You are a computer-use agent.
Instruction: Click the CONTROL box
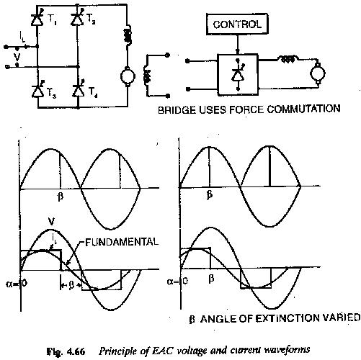point(237,24)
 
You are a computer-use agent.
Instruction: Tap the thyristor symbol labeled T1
point(37,19)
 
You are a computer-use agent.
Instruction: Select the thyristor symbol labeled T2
point(77,18)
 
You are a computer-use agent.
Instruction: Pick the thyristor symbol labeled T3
point(37,89)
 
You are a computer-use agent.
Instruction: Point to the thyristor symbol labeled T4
point(79,89)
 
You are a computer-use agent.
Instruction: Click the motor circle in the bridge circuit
point(128,76)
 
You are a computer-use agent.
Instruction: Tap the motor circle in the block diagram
point(318,73)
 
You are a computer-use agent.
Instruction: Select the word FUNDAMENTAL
point(122,242)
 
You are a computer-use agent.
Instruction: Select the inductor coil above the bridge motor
point(128,35)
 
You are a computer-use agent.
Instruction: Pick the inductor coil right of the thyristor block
point(288,59)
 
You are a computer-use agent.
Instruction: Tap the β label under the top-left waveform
point(61,197)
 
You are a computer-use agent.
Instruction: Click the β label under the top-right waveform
point(210,195)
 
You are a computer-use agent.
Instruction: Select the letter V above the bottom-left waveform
point(51,222)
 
